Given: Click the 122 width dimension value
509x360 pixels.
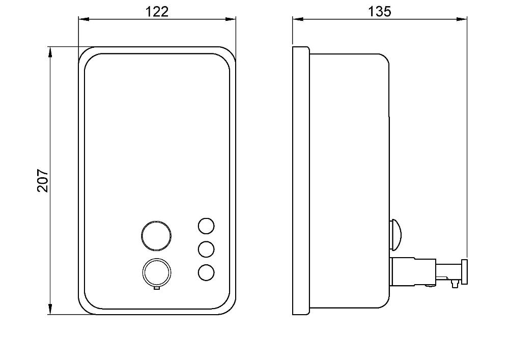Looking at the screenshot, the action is pyautogui.click(x=157, y=12).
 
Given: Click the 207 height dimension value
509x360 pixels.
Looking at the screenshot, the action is pyautogui.click(x=43, y=181).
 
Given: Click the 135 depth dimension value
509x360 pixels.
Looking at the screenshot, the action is pyautogui.click(x=380, y=12).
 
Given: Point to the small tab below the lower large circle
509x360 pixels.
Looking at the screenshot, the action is pyautogui.click(x=156, y=288).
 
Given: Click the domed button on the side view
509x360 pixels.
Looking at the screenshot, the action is pyautogui.click(x=395, y=235).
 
